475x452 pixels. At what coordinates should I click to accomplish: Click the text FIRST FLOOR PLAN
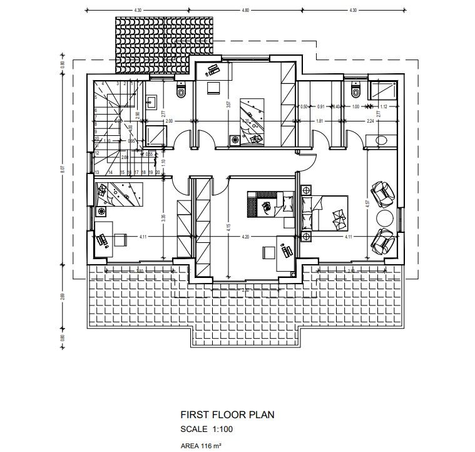(227, 414)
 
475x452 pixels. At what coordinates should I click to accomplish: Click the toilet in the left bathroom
(181, 91)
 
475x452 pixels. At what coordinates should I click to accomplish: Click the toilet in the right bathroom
(356, 92)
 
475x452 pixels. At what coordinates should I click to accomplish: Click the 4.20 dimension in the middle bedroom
(245, 237)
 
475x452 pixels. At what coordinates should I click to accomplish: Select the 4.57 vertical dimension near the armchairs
(368, 203)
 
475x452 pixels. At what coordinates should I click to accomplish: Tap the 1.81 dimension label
(319, 121)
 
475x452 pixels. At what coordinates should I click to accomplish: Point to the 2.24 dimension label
(370, 121)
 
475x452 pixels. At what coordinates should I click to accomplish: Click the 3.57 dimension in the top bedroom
(228, 105)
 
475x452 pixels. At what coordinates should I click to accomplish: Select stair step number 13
(98, 172)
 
